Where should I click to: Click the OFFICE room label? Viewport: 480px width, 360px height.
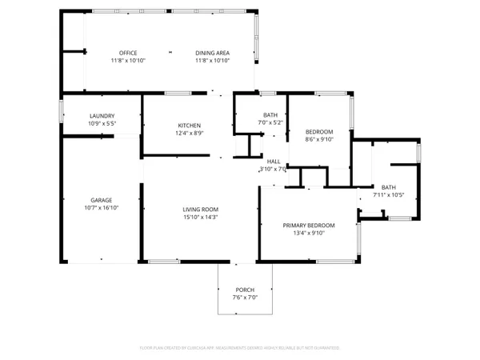(x=128, y=53)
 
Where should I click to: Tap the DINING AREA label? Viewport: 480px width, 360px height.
(x=212, y=53)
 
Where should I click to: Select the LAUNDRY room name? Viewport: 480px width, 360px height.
(x=102, y=116)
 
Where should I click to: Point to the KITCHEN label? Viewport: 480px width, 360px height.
(x=189, y=126)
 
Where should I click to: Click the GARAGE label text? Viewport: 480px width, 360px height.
(x=101, y=199)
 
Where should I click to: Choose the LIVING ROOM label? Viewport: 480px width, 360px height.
(x=200, y=209)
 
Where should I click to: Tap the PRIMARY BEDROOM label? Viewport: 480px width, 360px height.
(x=309, y=226)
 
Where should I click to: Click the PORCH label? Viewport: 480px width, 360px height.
(x=245, y=290)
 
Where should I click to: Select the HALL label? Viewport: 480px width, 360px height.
(x=273, y=161)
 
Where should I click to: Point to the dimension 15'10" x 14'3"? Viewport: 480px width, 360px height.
(x=200, y=217)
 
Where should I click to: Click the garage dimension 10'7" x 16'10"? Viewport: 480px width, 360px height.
(x=101, y=207)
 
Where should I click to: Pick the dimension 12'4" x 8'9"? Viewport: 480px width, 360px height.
(x=189, y=134)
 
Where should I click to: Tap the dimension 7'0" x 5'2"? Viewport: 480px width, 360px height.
(x=270, y=123)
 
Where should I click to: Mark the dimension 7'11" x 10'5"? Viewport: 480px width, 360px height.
(x=390, y=195)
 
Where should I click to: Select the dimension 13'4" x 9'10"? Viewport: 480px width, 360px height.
(x=309, y=234)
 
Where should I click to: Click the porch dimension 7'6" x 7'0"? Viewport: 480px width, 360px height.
(x=245, y=298)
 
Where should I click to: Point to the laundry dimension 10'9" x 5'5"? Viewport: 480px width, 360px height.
(x=102, y=124)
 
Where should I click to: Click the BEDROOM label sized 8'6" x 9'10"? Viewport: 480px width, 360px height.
(x=319, y=131)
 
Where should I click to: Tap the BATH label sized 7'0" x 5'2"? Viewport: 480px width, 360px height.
(x=270, y=115)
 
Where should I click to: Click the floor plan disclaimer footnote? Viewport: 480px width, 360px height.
(x=240, y=348)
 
